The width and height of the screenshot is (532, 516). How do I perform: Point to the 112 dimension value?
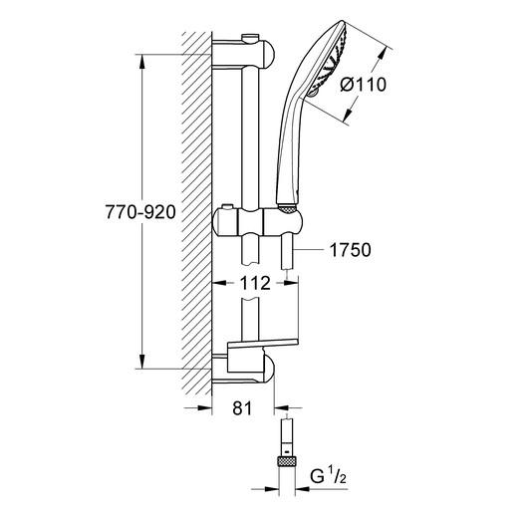[x=256, y=284]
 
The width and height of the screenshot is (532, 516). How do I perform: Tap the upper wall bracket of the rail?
[x=244, y=52]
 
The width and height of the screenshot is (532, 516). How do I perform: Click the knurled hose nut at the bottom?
[x=286, y=461]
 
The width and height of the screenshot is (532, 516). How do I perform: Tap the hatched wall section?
[x=196, y=209]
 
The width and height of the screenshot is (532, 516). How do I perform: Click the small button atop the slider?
[x=231, y=205]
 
